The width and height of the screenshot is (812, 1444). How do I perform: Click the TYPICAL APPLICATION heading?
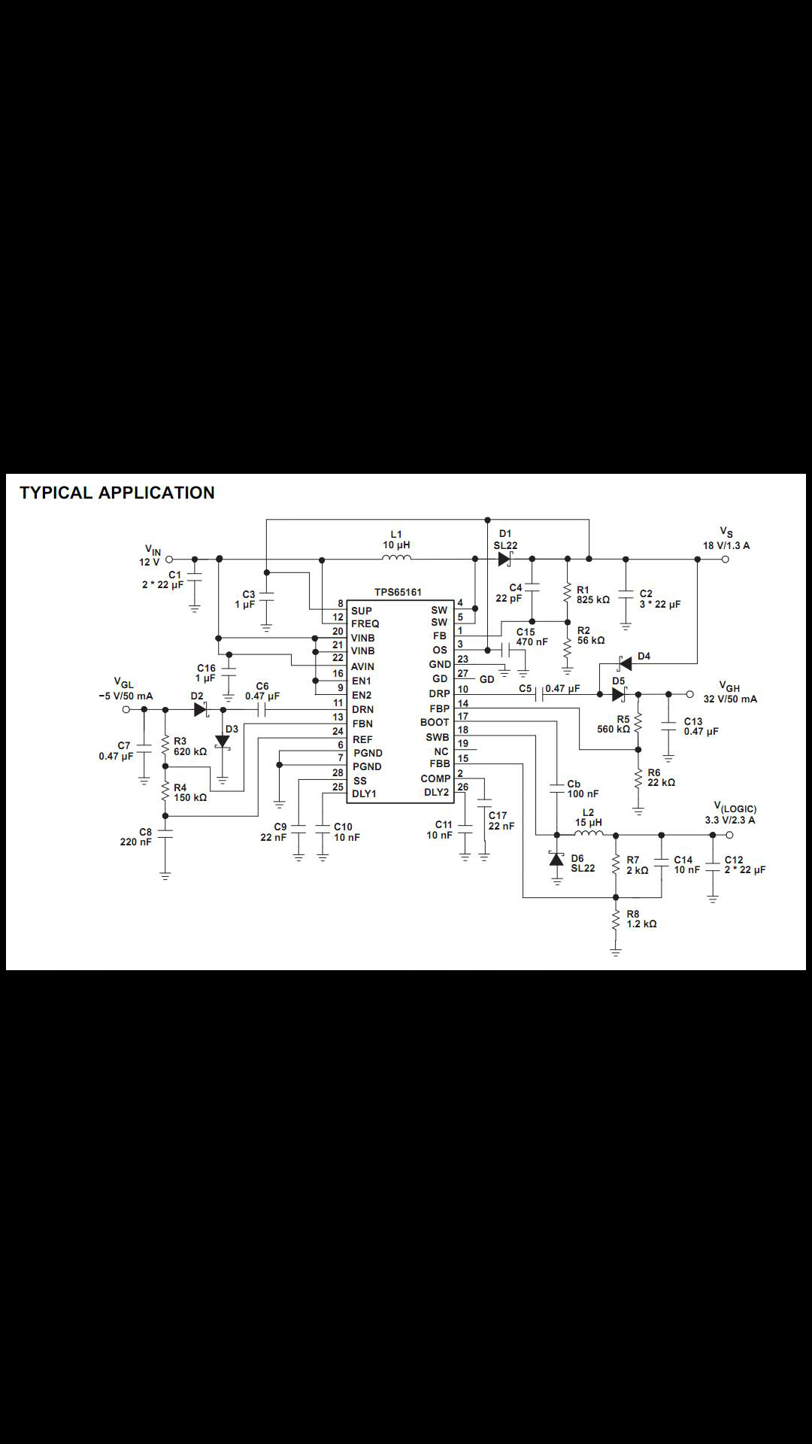pos(117,493)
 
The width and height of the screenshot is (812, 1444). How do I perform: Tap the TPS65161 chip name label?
pos(398,593)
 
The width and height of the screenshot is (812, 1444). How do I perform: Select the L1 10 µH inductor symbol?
pos(396,558)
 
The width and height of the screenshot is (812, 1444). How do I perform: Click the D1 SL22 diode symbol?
pos(504,559)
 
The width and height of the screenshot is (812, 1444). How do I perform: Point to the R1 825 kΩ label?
pos(592,595)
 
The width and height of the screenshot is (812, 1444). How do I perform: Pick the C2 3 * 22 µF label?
pos(659,599)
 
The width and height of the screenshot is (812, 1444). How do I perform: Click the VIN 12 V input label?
pos(150,556)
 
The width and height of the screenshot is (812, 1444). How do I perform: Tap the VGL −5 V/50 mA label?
pos(125,690)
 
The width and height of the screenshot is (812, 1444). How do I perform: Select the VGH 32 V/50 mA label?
pos(729,693)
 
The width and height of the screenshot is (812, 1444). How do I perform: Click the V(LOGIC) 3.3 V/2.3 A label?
pos(730,814)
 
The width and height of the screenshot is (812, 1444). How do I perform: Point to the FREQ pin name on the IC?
pos(365,623)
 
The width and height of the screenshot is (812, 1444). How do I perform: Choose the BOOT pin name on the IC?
pos(435,722)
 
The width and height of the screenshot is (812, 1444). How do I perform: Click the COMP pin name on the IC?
pos(435,778)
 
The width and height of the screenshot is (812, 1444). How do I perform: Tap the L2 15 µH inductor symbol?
pos(589,833)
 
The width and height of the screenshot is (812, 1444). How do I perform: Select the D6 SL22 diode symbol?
pos(556,859)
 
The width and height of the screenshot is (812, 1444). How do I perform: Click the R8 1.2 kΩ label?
pos(641,918)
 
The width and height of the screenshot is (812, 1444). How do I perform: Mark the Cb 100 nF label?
pos(582,788)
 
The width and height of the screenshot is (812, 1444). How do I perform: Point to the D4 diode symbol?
pos(623,663)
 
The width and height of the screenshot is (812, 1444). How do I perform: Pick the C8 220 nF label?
pos(137,836)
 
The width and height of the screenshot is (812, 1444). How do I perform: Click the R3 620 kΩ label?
pos(189,746)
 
